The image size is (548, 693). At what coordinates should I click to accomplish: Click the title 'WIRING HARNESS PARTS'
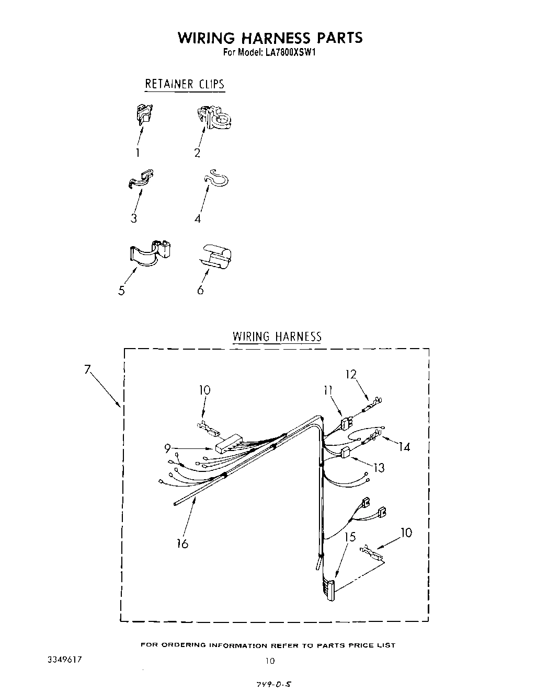(x=270, y=38)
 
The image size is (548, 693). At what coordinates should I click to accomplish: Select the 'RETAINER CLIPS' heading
(x=184, y=84)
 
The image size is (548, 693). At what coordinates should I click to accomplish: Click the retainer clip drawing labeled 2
(x=215, y=119)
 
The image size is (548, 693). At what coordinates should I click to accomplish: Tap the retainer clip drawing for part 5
(x=150, y=250)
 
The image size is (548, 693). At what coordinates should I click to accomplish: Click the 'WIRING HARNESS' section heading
(x=277, y=336)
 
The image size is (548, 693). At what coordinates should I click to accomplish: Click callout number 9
(x=167, y=447)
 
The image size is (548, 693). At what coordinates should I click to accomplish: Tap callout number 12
(x=350, y=374)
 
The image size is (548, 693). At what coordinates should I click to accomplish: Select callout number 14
(x=404, y=446)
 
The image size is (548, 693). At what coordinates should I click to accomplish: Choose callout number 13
(x=378, y=467)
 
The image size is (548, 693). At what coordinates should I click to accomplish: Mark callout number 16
(x=182, y=544)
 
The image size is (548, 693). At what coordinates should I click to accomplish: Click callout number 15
(x=350, y=536)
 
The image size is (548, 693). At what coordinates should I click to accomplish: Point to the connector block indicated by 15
(x=330, y=590)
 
